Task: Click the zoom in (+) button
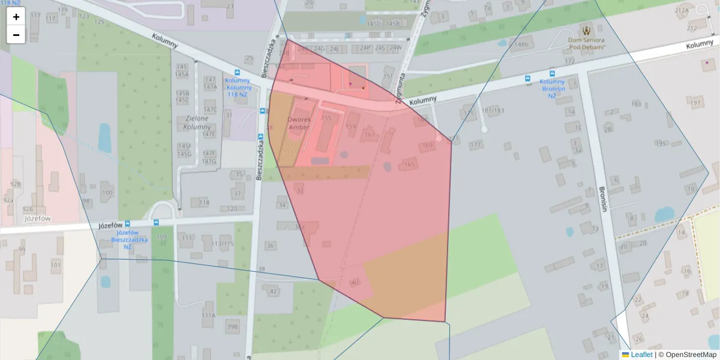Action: click(16, 17)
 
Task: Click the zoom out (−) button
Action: click(16, 35)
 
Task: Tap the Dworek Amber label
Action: click(299, 122)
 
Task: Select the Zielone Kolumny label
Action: click(197, 122)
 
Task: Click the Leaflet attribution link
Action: click(641, 355)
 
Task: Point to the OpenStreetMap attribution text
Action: click(691, 355)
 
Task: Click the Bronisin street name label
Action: click(602, 199)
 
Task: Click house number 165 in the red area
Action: click(409, 164)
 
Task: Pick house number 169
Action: click(427, 145)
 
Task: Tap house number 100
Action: click(107, 193)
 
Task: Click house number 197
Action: click(695, 103)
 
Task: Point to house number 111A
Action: click(208, 315)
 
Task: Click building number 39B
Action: click(232, 326)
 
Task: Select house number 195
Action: click(661, 143)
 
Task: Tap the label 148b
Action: click(521, 44)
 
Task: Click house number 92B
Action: click(15, 184)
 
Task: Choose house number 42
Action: click(273, 292)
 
